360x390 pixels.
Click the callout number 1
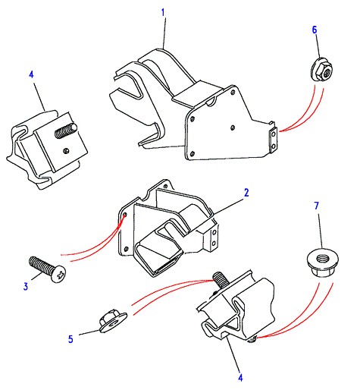(x=163, y=13)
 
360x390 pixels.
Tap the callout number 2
(x=246, y=193)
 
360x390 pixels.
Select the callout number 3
(x=26, y=287)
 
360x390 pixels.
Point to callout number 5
(x=70, y=339)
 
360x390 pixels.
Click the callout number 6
(x=315, y=30)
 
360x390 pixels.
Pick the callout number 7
(x=317, y=206)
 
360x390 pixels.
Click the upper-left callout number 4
(x=31, y=74)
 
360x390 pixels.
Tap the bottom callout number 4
(x=240, y=378)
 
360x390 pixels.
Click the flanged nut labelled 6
(x=321, y=70)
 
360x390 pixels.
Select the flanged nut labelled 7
(x=323, y=263)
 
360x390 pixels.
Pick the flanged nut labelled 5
(x=113, y=321)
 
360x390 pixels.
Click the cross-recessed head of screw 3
(x=59, y=274)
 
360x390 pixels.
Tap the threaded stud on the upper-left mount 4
(x=66, y=131)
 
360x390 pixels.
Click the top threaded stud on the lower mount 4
(x=219, y=278)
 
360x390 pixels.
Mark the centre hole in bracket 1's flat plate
(x=233, y=127)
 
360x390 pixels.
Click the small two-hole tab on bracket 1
(x=274, y=140)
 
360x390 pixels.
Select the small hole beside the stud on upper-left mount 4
(x=66, y=151)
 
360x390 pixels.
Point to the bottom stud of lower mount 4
(x=252, y=339)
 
